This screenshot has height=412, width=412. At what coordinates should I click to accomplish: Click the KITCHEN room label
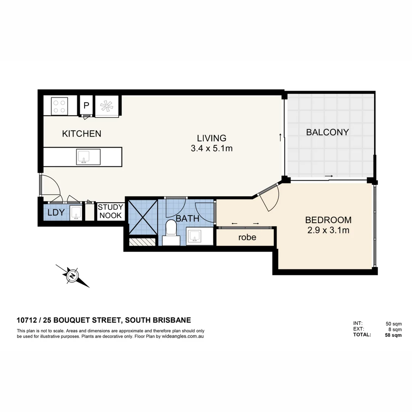[82, 134]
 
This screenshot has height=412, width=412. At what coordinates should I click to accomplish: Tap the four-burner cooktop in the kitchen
[60, 106]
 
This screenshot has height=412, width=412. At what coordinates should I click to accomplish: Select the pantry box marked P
[86, 106]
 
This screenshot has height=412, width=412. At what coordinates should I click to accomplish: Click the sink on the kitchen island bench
[84, 157]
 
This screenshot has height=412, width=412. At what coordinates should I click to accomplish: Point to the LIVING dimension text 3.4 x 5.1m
[211, 148]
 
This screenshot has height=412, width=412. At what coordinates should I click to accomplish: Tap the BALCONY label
[327, 132]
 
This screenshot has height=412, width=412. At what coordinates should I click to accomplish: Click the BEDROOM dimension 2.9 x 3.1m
[328, 230]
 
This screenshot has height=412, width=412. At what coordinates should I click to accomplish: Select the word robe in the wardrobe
[247, 237]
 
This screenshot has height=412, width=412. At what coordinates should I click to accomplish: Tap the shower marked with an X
[143, 217]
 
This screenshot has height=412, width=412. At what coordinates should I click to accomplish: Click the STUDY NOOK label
[110, 211]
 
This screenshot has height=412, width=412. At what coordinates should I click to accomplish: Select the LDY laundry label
[56, 213]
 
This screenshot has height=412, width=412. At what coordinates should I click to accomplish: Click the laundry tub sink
[76, 213]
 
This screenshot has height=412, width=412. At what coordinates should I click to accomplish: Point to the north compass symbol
[72, 275]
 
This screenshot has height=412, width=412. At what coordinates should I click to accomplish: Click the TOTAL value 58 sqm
[393, 335]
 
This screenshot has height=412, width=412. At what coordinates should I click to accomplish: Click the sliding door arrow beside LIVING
[280, 137]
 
